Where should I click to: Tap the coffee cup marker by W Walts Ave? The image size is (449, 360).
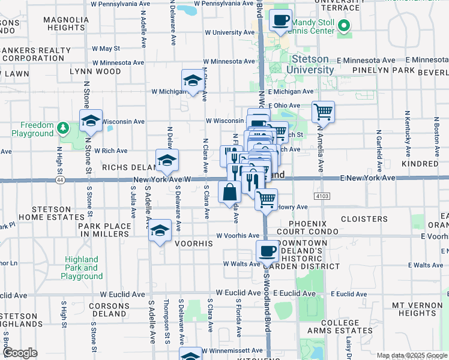[x=268, y=251]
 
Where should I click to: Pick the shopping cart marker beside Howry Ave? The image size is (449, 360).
[x=266, y=199]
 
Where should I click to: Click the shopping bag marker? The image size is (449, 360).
[x=230, y=192]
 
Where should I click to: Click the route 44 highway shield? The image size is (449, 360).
[x=59, y=179]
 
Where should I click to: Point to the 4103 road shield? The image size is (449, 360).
[x=322, y=196]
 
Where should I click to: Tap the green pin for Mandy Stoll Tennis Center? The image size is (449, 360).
[x=344, y=26]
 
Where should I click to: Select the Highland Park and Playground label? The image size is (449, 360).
[x=82, y=268]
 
